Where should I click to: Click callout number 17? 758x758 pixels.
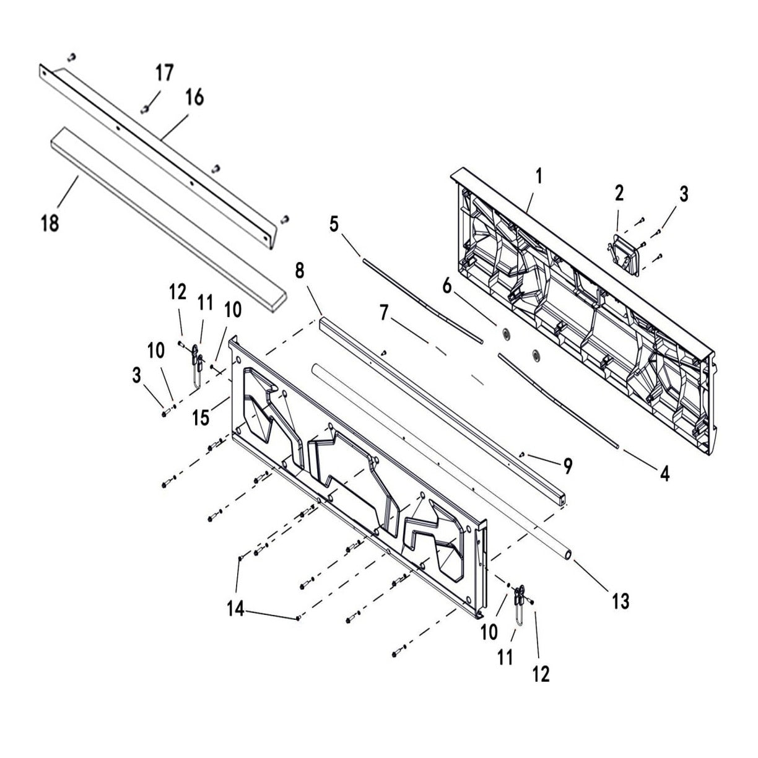tap(164, 73)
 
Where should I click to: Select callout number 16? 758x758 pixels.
tap(194, 98)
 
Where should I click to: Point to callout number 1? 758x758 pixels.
tap(539, 176)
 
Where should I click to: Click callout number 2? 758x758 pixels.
tap(619, 193)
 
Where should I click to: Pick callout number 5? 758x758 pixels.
tap(334, 224)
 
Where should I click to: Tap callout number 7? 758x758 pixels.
tap(384, 314)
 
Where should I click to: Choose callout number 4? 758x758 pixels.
tap(664, 474)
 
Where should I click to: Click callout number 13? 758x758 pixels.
tap(621, 600)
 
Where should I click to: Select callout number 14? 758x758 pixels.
tap(235, 609)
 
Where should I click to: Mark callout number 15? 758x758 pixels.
tap(201, 417)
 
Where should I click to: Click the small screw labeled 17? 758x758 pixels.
tap(145, 110)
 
